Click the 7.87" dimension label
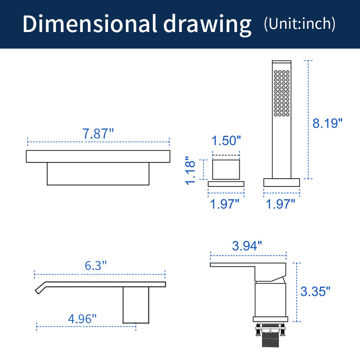point(98,134)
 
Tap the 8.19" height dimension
point(327,123)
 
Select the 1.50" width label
point(226,140)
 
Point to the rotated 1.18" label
point(190,171)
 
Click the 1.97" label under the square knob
point(225,204)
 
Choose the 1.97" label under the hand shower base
point(280,204)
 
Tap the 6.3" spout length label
point(96,265)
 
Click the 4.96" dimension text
point(82,319)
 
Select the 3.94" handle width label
point(247,246)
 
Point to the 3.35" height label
point(315,291)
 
